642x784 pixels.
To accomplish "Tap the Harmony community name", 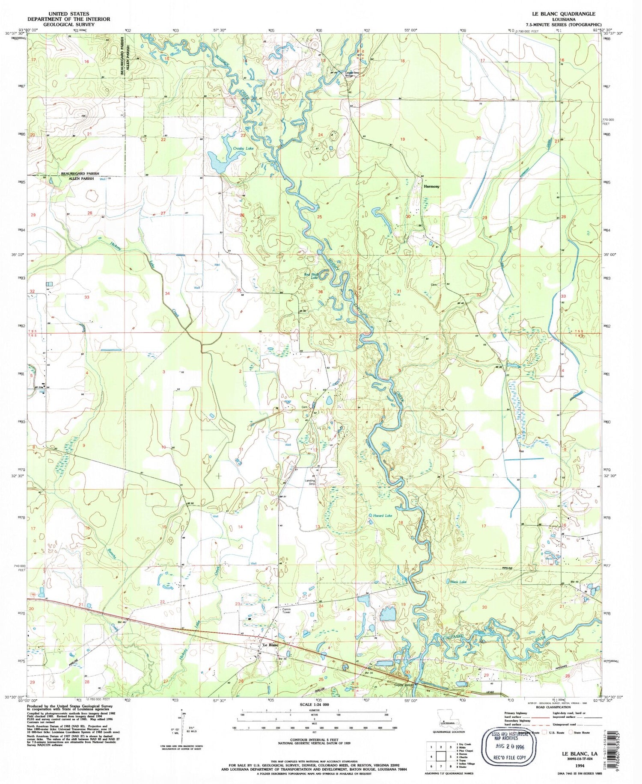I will [431, 186].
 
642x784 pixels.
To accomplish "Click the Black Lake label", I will [458, 582].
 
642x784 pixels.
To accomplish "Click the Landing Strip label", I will [310, 482].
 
